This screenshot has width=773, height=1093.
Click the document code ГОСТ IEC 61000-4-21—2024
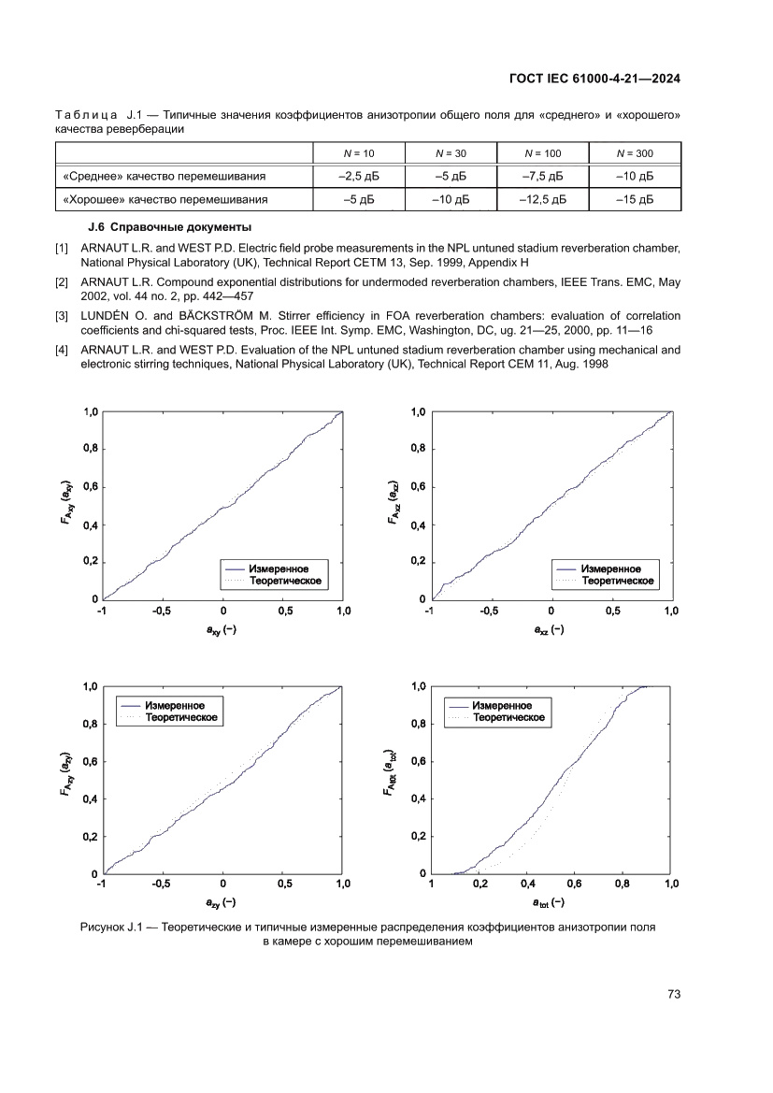(594, 79)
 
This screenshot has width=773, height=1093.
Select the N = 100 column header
(542, 152)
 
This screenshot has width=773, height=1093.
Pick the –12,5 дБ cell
(542, 199)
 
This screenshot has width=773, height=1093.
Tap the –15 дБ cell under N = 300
(635, 199)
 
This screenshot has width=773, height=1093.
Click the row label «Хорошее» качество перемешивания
(165, 199)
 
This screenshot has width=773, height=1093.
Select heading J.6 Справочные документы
(169, 227)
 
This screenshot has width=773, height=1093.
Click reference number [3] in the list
(63, 316)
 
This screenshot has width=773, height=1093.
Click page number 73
(673, 994)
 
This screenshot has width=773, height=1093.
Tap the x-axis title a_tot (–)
(549, 903)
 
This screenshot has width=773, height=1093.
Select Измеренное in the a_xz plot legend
(610, 568)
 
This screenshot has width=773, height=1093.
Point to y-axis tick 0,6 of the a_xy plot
(90, 486)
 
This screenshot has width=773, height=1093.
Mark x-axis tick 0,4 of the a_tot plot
(527, 884)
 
